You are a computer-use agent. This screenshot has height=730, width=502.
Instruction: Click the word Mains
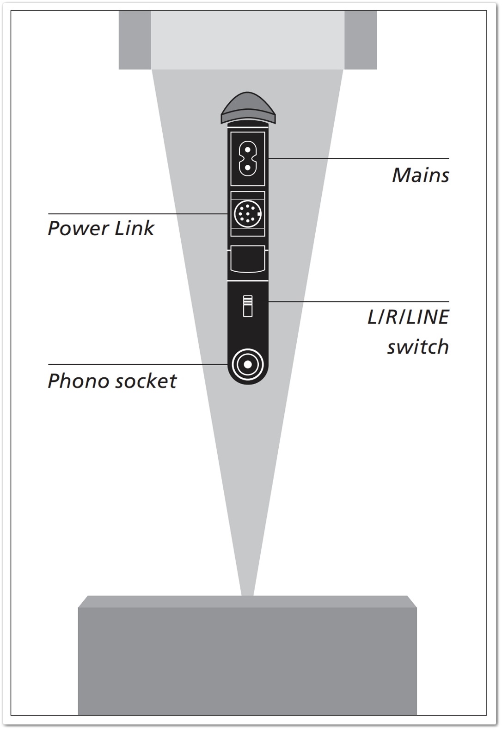click(420, 175)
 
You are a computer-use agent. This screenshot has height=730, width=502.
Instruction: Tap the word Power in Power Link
click(79, 228)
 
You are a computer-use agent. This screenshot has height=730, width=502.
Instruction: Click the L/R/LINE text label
click(408, 318)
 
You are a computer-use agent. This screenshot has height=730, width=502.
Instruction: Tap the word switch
click(418, 347)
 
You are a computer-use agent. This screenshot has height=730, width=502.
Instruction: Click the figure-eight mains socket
click(247, 159)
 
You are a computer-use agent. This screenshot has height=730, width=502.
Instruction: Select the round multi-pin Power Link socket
click(247, 214)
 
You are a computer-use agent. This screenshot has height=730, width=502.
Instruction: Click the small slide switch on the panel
click(248, 306)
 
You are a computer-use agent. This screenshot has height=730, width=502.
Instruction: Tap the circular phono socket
click(247, 365)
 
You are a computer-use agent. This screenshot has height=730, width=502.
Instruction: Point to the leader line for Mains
click(358, 159)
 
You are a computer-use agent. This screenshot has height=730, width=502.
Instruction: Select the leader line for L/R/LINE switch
click(358, 301)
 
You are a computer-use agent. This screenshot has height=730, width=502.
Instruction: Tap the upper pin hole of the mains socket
click(247, 150)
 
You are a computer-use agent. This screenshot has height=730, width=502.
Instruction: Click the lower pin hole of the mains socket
click(247, 167)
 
